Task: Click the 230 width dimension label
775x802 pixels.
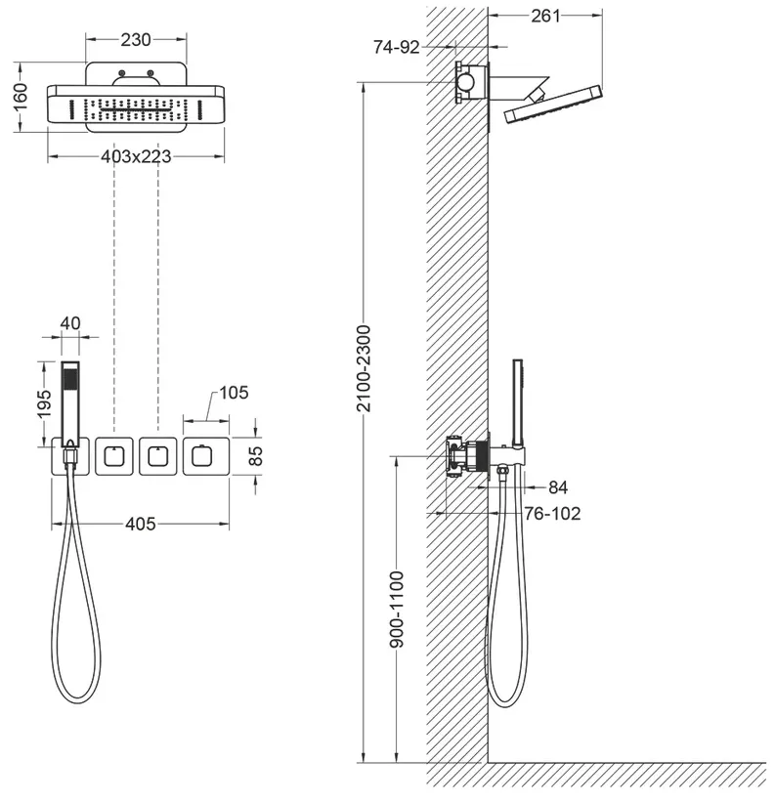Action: pyautogui.click(x=136, y=39)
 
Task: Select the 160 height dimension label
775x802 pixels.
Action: pyautogui.click(x=20, y=97)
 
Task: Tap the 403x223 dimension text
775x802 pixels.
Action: pyautogui.click(x=136, y=156)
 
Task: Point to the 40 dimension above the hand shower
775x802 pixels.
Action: pyautogui.click(x=70, y=323)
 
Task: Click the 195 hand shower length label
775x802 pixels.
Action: pyautogui.click(x=45, y=403)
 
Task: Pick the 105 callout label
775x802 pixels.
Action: pyautogui.click(x=234, y=393)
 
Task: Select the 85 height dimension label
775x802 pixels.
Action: pyautogui.click(x=255, y=456)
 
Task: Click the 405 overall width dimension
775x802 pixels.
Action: pyautogui.click(x=141, y=524)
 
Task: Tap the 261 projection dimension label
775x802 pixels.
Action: pyautogui.click(x=546, y=17)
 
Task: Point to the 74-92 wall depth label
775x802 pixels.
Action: pyautogui.click(x=397, y=47)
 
